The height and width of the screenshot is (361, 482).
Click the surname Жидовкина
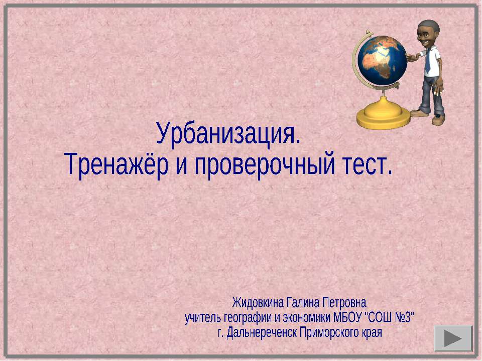tap(258, 302)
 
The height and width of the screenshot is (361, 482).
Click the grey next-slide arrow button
tap(453, 338)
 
